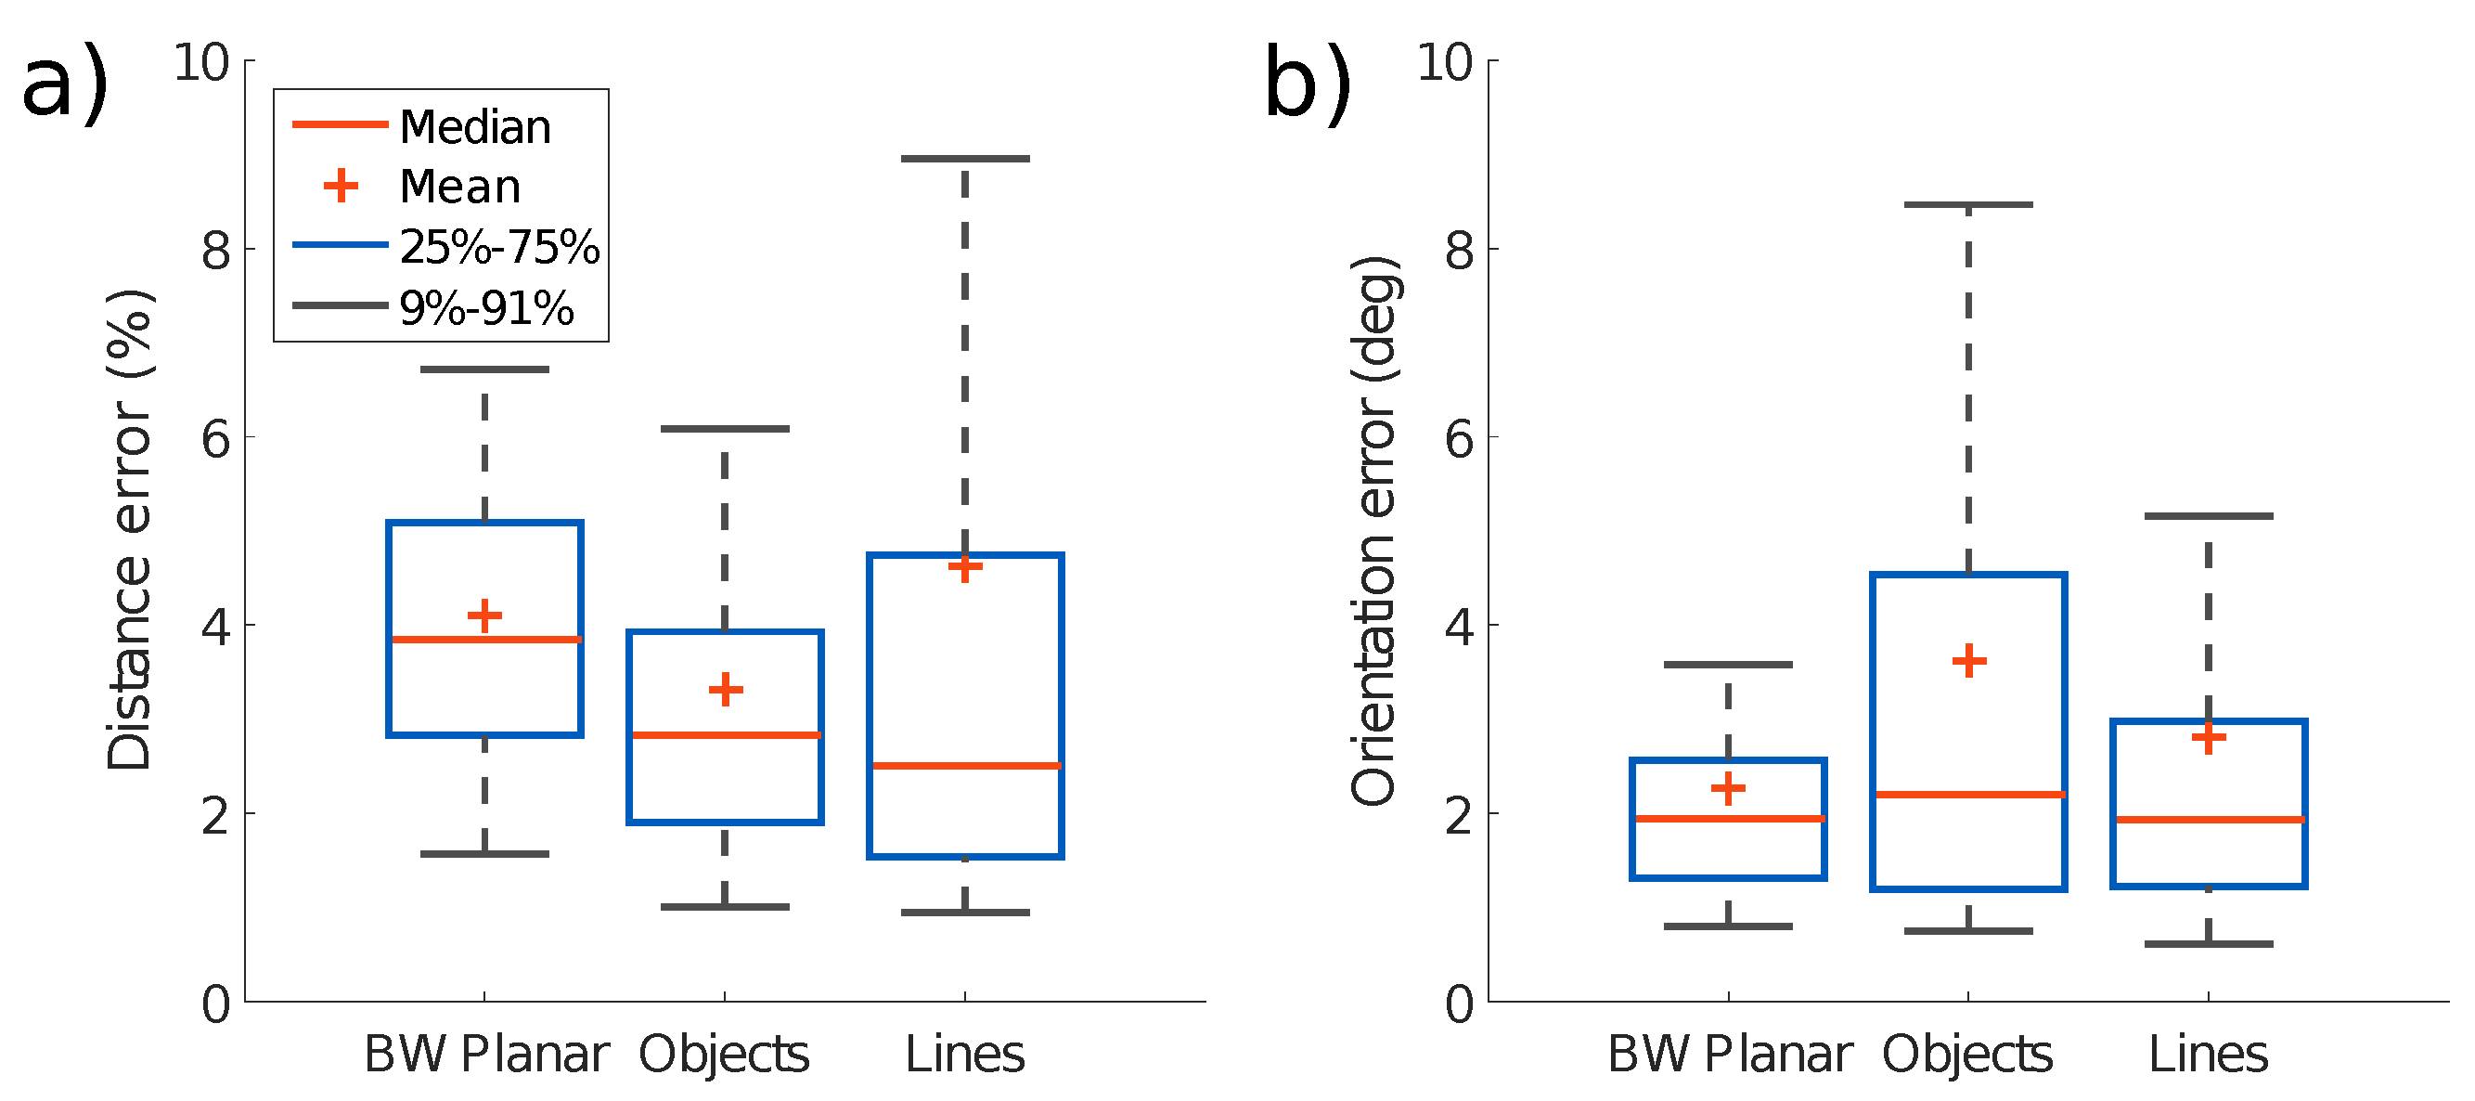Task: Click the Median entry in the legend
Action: coord(474,127)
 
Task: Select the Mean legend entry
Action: coord(459,187)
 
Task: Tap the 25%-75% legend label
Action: coord(498,247)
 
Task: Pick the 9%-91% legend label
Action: coord(486,308)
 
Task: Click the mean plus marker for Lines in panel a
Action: coord(964,567)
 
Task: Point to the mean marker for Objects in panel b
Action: coord(1968,661)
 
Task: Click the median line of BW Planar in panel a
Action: coord(485,639)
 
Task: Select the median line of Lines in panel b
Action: coord(2209,820)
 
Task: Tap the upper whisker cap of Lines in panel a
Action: coord(964,159)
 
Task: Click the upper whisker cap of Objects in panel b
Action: coord(1968,204)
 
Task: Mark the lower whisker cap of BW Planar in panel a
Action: coord(485,854)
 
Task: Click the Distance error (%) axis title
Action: coord(130,529)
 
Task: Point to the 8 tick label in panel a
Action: coord(216,250)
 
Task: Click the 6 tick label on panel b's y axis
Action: coord(1460,438)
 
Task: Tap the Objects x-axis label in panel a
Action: coord(724,1054)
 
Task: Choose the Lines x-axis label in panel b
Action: coord(2209,1054)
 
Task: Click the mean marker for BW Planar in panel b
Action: coord(1729,789)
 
